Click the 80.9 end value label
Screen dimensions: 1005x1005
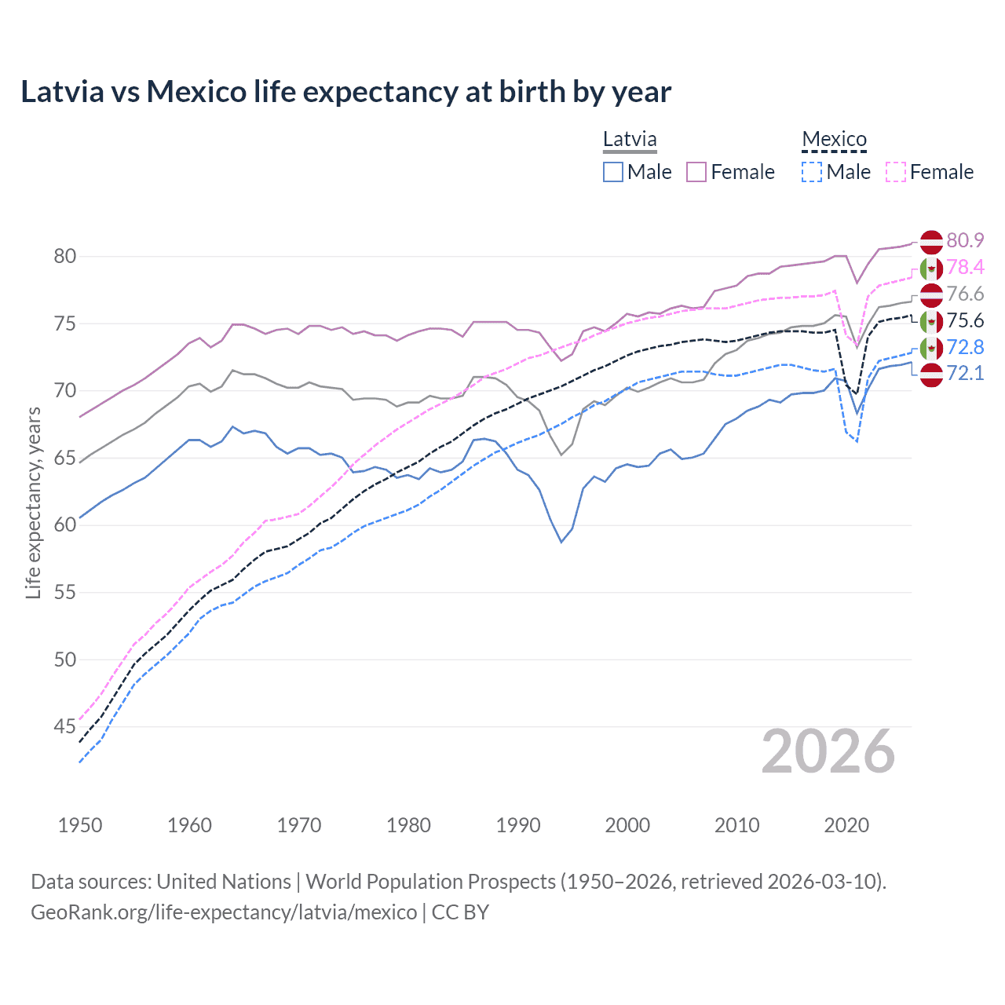(965, 240)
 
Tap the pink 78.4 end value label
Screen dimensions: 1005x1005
(965, 267)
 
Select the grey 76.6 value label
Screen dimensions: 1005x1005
(965, 294)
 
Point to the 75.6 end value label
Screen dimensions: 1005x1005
(965, 320)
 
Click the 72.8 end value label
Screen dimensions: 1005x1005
(965, 347)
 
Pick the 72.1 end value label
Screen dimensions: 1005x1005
(965, 373)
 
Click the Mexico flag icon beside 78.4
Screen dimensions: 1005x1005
(931, 269)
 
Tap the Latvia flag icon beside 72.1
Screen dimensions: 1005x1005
(931, 375)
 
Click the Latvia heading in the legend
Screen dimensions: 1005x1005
(630, 140)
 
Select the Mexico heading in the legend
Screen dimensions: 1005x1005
(834, 140)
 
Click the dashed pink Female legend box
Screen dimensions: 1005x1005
(896, 172)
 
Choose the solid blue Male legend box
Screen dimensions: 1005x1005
(613, 172)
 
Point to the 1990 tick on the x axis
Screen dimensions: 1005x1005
(518, 825)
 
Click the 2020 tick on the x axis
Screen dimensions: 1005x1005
(846, 825)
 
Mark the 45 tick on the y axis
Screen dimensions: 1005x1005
(65, 727)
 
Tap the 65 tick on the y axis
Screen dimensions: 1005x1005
(65, 458)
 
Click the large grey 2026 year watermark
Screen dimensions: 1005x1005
(828, 752)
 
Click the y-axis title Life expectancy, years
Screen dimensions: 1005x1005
(33, 502)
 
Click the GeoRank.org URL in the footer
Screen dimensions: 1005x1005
(224, 912)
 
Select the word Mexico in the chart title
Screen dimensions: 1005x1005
(196, 92)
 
